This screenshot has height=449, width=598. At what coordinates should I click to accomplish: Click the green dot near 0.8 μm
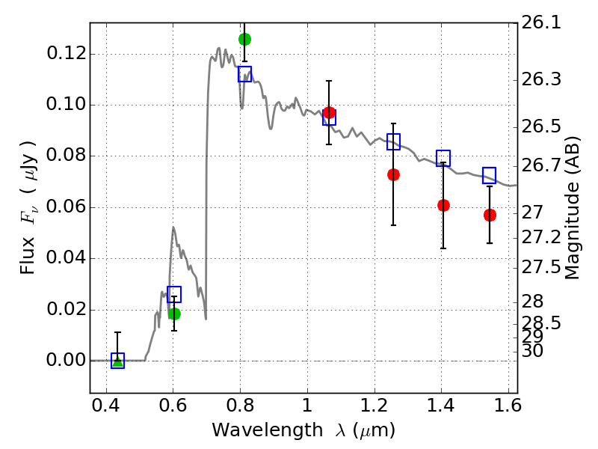(245, 40)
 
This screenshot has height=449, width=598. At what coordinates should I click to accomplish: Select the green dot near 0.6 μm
(174, 314)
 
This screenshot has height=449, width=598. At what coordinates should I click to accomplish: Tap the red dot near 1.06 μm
(329, 113)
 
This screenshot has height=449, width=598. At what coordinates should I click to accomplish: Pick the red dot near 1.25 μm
(394, 175)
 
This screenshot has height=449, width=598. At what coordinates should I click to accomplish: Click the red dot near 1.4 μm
(443, 205)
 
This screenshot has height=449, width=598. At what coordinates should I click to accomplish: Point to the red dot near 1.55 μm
(490, 216)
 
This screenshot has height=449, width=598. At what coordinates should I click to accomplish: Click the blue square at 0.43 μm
(118, 361)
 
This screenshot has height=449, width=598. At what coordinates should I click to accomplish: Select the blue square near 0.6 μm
(174, 294)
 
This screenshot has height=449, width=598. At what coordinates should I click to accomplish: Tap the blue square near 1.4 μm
(443, 158)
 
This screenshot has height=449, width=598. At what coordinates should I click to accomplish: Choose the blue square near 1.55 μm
(490, 176)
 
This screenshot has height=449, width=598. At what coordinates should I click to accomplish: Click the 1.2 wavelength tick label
(374, 406)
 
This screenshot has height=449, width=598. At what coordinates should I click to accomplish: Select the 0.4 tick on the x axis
(106, 406)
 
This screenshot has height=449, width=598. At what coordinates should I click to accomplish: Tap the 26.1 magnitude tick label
(541, 22)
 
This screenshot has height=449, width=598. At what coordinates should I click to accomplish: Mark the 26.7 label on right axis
(541, 165)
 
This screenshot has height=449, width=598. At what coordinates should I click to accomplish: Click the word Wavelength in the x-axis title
(268, 430)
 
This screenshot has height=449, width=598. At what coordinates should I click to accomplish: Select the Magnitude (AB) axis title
(571, 208)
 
